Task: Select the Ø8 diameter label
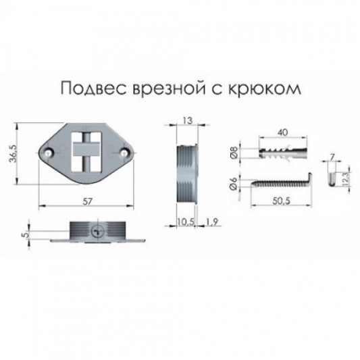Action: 233,151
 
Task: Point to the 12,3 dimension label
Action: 344,178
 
